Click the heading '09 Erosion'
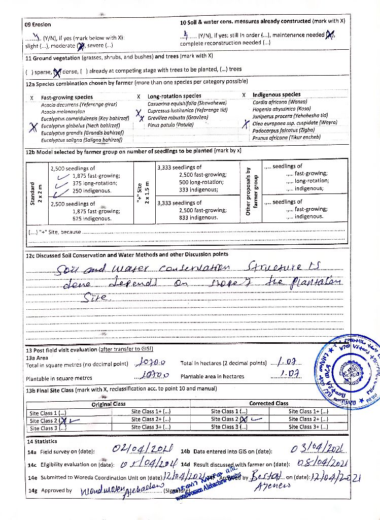point(38,24)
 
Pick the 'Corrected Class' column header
point(268,403)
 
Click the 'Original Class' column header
point(108,404)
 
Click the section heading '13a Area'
point(38,357)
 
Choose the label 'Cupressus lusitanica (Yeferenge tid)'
point(187,110)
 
